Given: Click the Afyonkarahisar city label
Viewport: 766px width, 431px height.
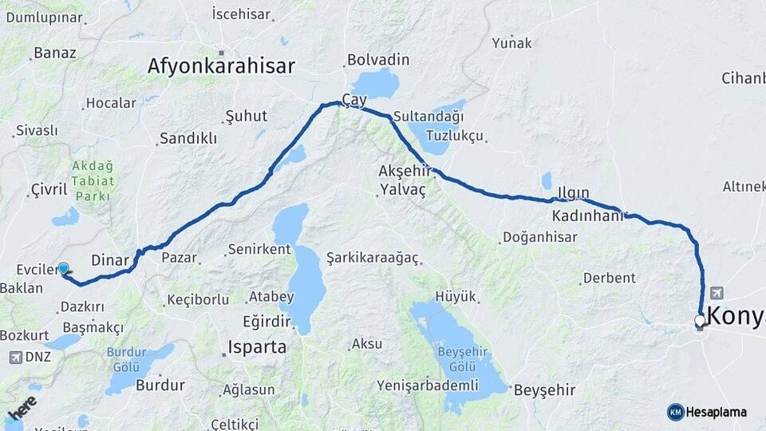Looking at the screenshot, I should (221, 66).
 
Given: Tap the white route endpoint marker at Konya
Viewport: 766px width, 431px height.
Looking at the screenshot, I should (700, 321).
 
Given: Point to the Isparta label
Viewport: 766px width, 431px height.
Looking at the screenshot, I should (257, 347).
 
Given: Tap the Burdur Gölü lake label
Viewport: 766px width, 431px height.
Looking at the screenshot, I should (128, 358).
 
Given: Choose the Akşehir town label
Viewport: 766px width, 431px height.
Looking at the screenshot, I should (405, 171).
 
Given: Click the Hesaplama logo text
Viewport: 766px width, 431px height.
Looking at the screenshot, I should (717, 412).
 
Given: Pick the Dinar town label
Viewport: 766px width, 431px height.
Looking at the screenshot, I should (110, 259).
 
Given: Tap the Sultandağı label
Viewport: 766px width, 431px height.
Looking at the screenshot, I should (427, 117).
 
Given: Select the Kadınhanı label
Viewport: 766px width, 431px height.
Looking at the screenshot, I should (586, 216).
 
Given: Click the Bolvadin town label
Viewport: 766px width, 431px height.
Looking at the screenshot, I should (377, 60).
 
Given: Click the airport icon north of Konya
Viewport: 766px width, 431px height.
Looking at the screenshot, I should (716, 293).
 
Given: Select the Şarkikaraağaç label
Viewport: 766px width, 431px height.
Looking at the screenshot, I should (373, 257).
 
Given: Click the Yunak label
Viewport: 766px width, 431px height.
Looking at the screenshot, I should (511, 43).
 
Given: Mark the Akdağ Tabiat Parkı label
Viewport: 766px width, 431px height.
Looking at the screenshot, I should (93, 181).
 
